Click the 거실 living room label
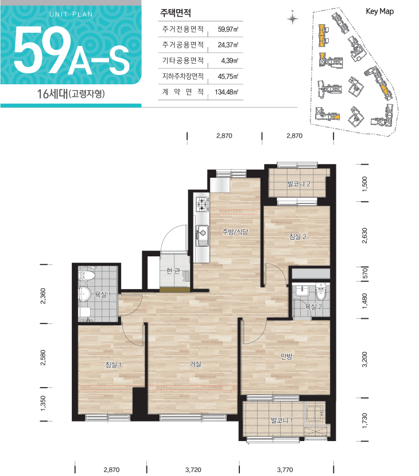(195, 364)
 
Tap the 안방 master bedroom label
(286, 356)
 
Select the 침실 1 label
(113, 365)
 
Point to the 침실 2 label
(297, 236)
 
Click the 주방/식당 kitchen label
(235, 232)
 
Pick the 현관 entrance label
(173, 271)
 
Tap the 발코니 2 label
(298, 184)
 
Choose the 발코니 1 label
(282, 420)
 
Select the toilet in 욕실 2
(320, 292)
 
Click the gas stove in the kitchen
(202, 204)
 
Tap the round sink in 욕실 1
(84, 294)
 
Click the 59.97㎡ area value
(228, 29)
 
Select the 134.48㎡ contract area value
(227, 92)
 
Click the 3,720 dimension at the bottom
(193, 470)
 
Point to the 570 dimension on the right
(365, 273)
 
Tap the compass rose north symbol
(292, 18)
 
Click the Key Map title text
(380, 11)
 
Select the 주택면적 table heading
(176, 13)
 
